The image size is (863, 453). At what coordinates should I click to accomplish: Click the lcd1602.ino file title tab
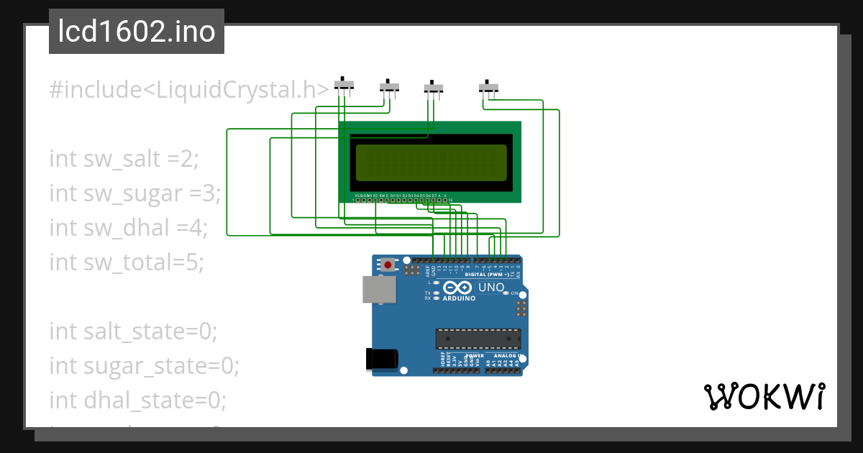point(137,32)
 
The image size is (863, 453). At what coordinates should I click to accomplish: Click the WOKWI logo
point(764,397)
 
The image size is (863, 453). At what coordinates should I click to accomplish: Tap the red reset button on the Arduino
point(388,265)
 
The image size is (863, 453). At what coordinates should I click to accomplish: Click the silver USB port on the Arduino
point(378,290)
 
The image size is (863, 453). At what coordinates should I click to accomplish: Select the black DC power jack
point(381,359)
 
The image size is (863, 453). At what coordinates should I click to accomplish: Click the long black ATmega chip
point(478,338)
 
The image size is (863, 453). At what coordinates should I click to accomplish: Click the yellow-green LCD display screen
point(430,163)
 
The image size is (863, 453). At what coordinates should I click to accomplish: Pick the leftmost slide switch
point(344,86)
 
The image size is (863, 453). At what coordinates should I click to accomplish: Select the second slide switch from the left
point(389,87)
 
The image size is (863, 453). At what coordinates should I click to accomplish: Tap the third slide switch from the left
point(433,88)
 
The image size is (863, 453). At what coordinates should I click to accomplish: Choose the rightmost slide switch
point(489,88)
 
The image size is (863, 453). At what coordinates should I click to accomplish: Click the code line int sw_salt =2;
point(123,159)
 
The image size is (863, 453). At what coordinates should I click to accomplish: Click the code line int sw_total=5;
point(127,262)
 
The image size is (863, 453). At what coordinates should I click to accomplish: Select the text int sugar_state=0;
point(144,366)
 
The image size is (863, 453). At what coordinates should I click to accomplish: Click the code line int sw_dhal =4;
point(128,228)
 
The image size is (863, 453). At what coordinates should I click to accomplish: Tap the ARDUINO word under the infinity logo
point(460,298)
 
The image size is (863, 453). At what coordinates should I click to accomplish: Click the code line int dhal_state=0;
point(137,401)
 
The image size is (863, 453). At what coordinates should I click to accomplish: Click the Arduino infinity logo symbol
point(460,287)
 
